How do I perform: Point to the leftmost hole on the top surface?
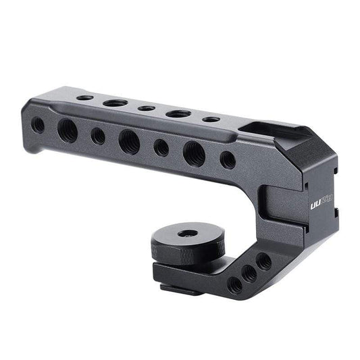tap(84, 98)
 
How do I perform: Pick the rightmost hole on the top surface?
tap(211, 120)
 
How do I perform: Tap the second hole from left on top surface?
tap(115, 103)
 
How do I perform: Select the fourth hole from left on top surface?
tap(178, 113)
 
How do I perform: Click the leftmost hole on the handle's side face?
tap(38, 124)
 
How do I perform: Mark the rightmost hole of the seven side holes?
tap(228, 160)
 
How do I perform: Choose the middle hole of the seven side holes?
tap(129, 141)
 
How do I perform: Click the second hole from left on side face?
tap(68, 130)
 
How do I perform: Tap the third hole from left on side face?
tap(98, 136)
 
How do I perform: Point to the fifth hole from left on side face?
tap(161, 147)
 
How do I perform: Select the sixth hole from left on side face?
tap(194, 154)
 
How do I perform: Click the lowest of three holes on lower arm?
tap(234, 285)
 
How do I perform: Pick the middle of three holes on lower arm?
tap(250, 273)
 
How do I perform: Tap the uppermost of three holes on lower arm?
tap(264, 261)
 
